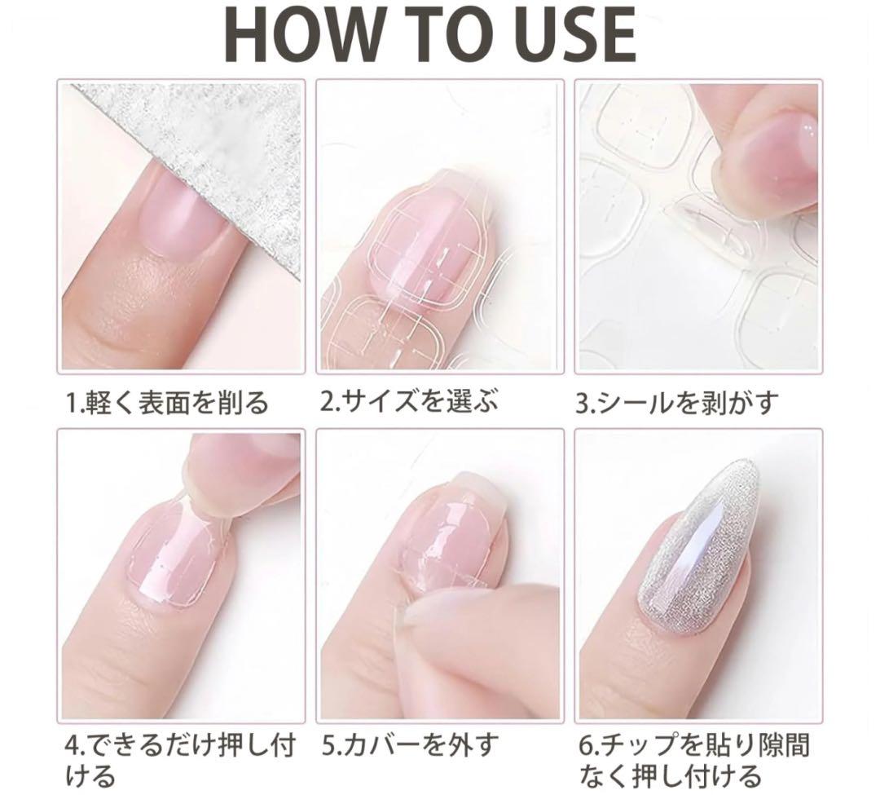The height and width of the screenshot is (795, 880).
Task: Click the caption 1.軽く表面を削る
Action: [167, 402]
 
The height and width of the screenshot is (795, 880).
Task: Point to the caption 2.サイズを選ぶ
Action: [408, 401]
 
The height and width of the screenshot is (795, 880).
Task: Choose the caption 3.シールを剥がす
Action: [677, 402]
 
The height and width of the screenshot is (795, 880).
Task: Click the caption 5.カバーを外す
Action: [410, 744]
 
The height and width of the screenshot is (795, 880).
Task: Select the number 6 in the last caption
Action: [586, 745]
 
